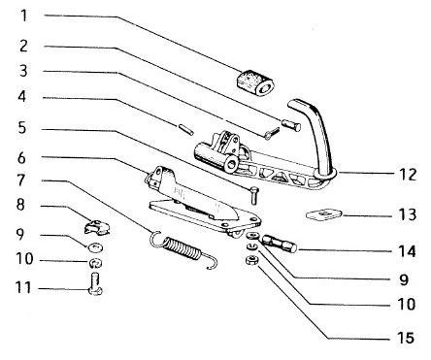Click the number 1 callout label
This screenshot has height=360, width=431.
pos(23,16)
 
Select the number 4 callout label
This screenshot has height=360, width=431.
pos(21,96)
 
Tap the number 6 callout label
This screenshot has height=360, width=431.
pos(21,157)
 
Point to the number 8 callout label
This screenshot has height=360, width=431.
pos(20,205)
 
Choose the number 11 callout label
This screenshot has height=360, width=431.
pos(23,287)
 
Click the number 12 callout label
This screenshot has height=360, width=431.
pos(408,175)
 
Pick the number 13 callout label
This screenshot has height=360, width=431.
pos(408,214)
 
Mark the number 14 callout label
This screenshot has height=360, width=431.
pos(408,251)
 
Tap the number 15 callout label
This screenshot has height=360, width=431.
pos(406,338)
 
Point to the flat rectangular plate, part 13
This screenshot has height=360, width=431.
pos(323,214)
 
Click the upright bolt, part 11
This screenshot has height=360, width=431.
pos(95,283)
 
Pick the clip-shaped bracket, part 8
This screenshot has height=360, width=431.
pos(97,227)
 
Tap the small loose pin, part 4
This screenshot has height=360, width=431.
pos(186,129)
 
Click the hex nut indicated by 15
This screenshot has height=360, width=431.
pos(251,259)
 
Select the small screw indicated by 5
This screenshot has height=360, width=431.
pos(253,195)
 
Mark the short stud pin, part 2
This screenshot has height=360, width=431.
pos(291,125)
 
